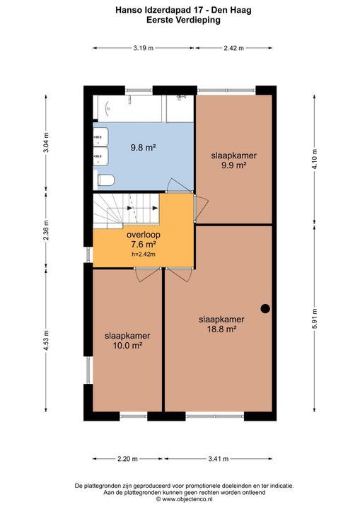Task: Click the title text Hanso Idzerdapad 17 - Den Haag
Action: tap(179, 11)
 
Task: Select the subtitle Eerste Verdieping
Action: tap(179, 21)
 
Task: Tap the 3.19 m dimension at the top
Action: tap(144, 48)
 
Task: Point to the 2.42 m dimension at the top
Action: tap(232, 48)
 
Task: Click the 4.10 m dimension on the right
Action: tap(314, 160)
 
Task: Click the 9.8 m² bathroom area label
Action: tap(143, 148)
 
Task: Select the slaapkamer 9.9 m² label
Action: tap(233, 161)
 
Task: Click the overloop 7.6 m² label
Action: tap(143, 240)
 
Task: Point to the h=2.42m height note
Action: tap(143, 255)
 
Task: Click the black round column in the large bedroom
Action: tap(265, 308)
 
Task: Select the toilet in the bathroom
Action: tap(105, 180)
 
